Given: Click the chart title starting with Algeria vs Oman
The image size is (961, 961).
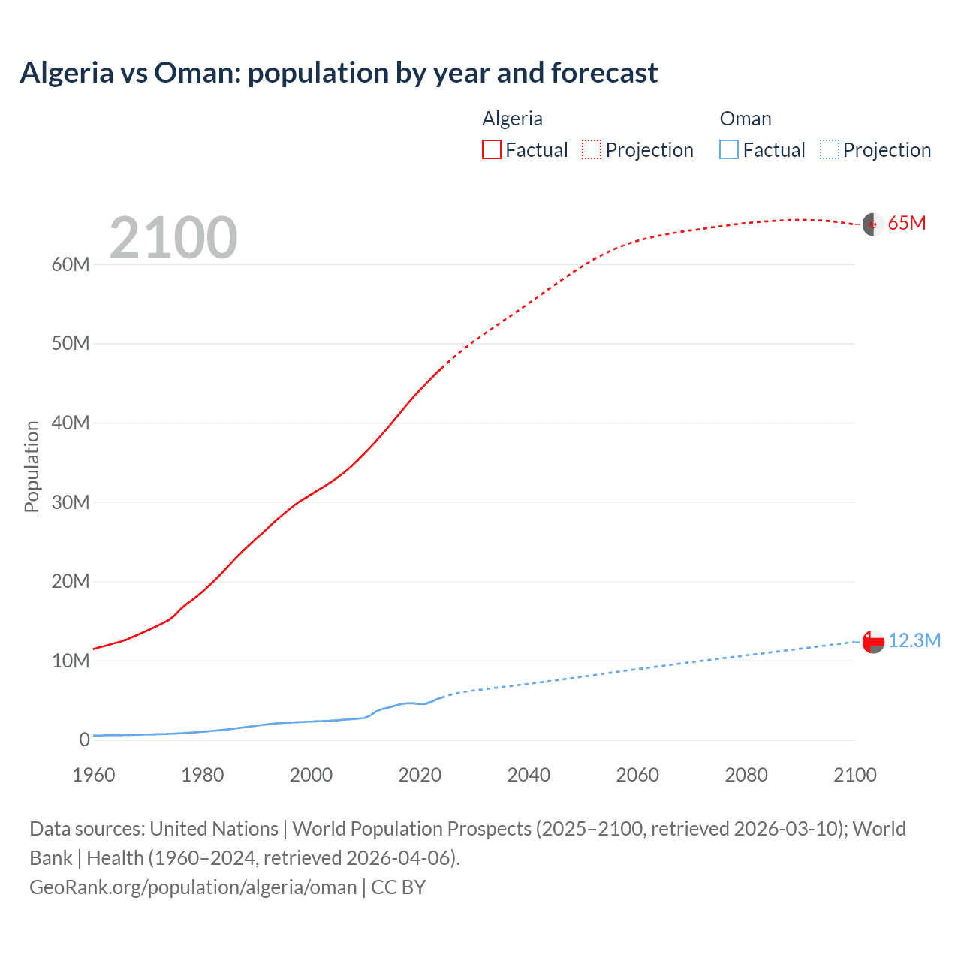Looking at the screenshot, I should point(339,73).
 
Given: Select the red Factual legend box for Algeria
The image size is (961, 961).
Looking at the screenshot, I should point(491,149).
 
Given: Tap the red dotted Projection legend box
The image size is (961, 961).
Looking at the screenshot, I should point(592,149).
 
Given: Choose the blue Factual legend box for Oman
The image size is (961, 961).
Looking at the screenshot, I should point(729,149).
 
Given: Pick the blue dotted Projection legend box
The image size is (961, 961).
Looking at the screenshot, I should point(829,149).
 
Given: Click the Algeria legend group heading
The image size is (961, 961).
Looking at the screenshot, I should point(512,119).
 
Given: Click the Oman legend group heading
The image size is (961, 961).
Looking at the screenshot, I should point(745,119).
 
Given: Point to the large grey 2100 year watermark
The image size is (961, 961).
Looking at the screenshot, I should point(173,238).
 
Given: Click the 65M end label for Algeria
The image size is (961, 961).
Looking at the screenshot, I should point(906,223).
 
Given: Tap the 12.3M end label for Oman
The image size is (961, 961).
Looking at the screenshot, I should point(914,640).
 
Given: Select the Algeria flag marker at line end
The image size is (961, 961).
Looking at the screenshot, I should point(872,224).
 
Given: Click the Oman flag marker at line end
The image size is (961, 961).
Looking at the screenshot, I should point(872,641).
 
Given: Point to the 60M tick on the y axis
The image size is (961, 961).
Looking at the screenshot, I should point(71,264).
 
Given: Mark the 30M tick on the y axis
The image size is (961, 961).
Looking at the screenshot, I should point(71,502).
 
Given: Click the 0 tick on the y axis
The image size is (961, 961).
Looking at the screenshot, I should point(84,740).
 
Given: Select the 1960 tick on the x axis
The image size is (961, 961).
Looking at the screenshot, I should point(94,775).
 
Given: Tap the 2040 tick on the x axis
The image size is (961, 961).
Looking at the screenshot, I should point(529,775).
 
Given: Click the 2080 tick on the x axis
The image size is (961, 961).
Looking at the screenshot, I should point(746,775).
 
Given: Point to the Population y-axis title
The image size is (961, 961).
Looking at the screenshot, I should point(32,466).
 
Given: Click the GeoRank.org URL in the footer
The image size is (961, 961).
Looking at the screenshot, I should point(193,887).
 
